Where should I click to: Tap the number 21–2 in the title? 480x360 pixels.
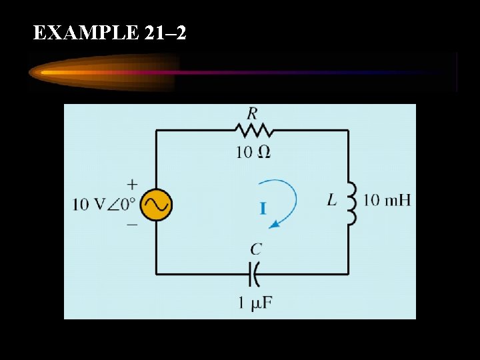[165, 33]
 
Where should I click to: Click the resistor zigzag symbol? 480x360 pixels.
[252, 130]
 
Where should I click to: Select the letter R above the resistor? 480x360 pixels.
[252, 113]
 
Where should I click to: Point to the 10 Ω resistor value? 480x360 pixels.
[253, 152]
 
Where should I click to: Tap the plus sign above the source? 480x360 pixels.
[132, 184]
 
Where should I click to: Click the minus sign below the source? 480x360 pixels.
[132, 225]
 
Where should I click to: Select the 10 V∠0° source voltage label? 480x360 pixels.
[104, 204]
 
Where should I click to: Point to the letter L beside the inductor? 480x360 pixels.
[332, 199]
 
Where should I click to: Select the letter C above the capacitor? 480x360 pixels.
[256, 249]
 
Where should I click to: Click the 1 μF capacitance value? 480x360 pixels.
[255, 303]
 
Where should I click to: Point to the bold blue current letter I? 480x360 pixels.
[263, 209]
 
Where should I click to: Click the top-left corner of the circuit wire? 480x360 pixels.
[157, 131]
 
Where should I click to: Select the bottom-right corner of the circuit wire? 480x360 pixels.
[348, 273]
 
